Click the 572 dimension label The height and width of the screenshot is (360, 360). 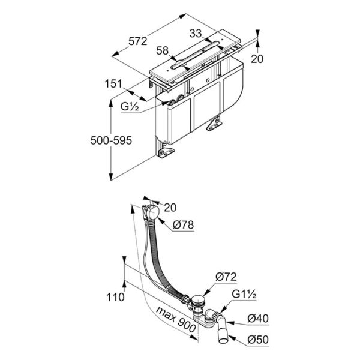pos(137,41)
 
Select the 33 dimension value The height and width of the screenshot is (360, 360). pos(196,34)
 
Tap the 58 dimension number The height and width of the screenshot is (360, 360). pos(163,51)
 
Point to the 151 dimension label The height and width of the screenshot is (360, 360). pos(113,83)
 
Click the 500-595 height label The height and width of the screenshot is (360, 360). pos(111,140)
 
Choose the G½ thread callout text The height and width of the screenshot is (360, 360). pos(130,107)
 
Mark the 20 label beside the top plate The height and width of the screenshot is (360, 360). pos(257,59)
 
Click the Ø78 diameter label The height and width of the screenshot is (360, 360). pos(183,225)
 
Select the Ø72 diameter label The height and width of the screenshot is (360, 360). pos(226,277)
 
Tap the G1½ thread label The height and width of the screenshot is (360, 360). pos(244,295)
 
